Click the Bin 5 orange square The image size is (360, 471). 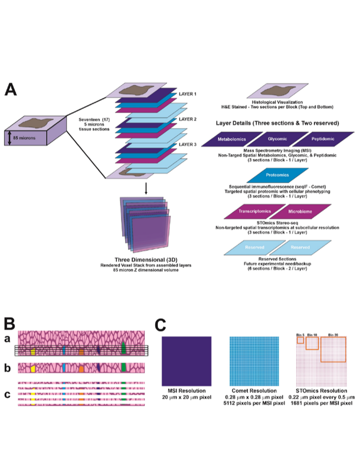(x=300, y=340)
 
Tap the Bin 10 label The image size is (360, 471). (x=312, y=333)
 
